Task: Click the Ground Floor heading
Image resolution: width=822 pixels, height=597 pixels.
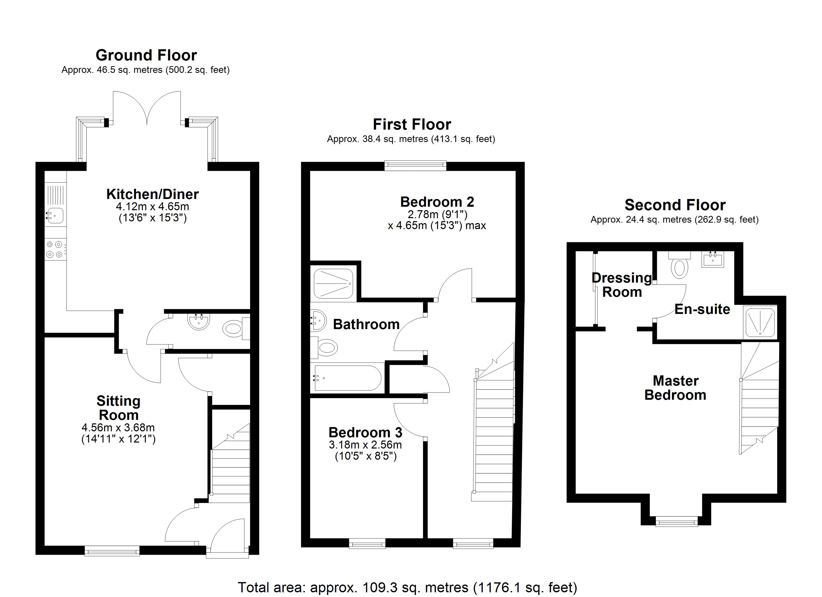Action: pyautogui.click(x=146, y=55)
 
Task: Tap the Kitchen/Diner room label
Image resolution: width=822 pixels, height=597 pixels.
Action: pyautogui.click(x=153, y=195)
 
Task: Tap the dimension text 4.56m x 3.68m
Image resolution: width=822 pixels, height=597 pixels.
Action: pyautogui.click(x=118, y=428)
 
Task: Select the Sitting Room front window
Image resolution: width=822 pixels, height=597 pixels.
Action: pyautogui.click(x=112, y=551)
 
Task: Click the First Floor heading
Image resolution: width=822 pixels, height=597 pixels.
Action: pyautogui.click(x=412, y=125)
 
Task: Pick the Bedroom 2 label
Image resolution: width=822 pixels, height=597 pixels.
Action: pyautogui.click(x=437, y=202)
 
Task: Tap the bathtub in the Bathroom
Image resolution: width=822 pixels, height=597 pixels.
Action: pyautogui.click(x=347, y=378)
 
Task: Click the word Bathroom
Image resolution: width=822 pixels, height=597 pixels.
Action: pyautogui.click(x=366, y=324)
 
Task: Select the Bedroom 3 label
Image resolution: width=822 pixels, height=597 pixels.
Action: pyautogui.click(x=365, y=432)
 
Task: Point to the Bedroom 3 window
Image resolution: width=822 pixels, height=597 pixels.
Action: pyautogui.click(x=367, y=543)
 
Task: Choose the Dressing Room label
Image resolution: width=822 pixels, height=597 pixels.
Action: pyautogui.click(x=622, y=285)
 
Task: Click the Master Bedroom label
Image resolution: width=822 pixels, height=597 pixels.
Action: pyautogui.click(x=675, y=388)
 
